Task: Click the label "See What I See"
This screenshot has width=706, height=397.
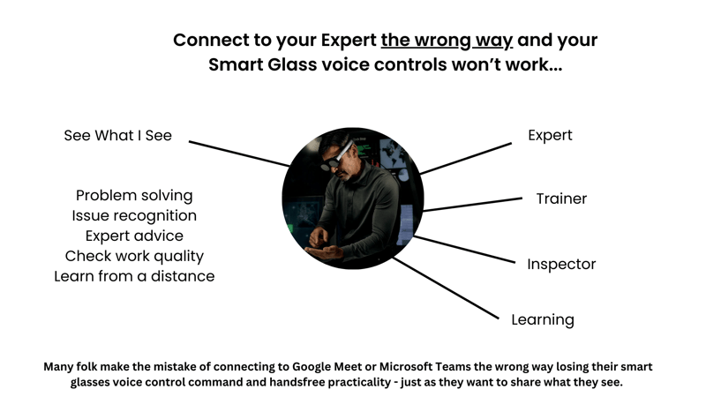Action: click(117, 136)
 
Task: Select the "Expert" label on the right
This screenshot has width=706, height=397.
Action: click(550, 135)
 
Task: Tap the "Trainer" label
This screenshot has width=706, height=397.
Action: click(561, 198)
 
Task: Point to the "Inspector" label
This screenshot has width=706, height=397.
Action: click(561, 264)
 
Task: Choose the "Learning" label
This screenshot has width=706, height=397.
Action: click(543, 319)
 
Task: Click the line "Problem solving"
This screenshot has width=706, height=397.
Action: click(134, 195)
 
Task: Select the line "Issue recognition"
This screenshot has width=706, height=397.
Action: click(134, 215)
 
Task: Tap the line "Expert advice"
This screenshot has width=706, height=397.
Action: click(134, 236)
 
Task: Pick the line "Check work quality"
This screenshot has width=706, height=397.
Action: click(134, 256)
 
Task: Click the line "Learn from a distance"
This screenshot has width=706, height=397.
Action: click(134, 276)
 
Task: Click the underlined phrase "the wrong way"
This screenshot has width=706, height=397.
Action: click(447, 41)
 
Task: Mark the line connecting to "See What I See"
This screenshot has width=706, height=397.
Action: click(238, 153)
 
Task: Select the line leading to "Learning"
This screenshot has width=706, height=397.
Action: click(446, 287)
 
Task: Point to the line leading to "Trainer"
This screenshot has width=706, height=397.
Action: click(472, 205)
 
